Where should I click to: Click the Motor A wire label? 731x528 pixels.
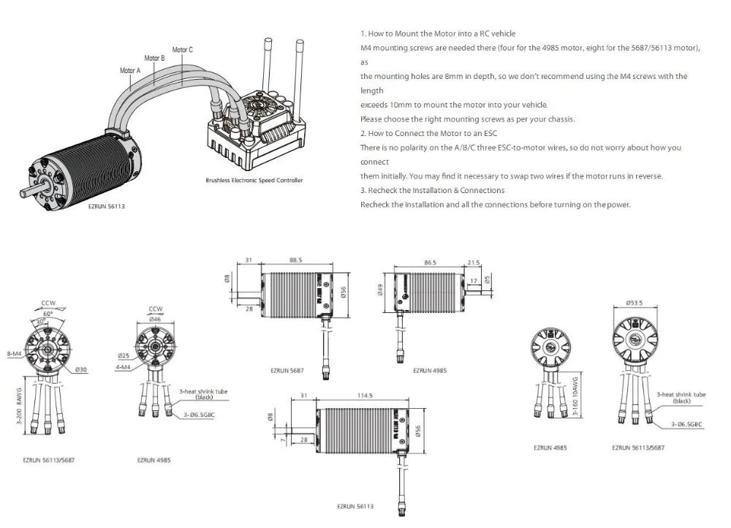coord(129,71)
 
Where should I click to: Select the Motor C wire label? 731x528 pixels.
coord(182,50)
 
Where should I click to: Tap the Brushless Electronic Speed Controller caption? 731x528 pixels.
coord(254,180)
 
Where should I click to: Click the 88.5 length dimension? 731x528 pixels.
coord(295,260)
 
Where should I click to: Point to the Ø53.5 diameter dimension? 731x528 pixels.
coord(634,303)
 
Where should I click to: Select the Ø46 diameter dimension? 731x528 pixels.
coord(156,320)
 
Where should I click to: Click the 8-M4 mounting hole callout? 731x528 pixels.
coord(14,354)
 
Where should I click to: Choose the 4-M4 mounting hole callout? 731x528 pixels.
coord(124,366)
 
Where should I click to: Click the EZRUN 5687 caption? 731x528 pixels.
coord(287,371)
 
